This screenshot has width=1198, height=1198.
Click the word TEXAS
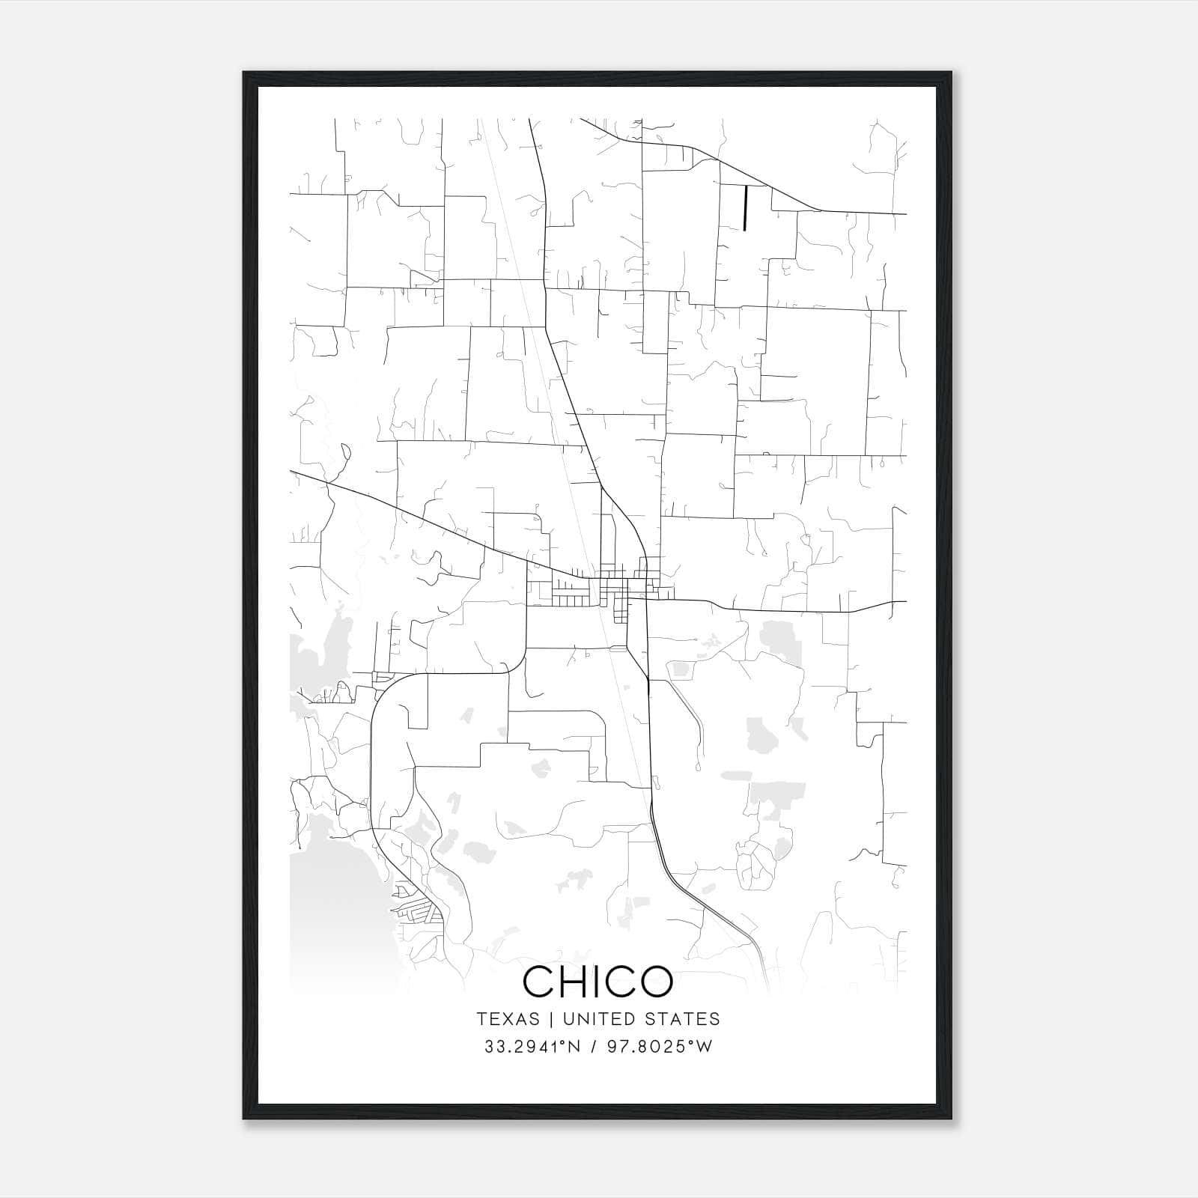(508, 1019)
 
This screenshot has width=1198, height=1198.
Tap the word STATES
(687, 1019)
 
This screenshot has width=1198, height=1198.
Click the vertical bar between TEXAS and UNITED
(551, 1019)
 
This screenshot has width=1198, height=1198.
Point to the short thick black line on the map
(745, 207)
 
